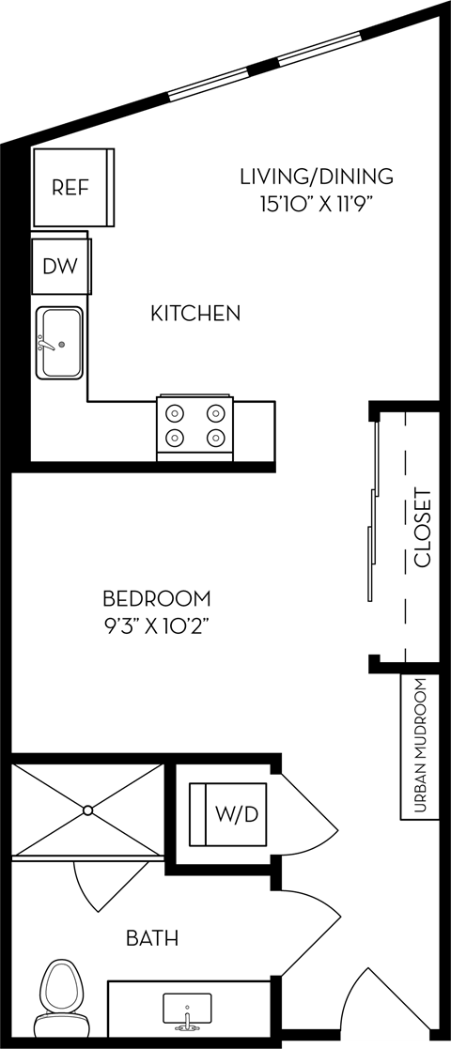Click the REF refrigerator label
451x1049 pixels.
(x=70, y=187)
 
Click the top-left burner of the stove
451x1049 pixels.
(x=175, y=410)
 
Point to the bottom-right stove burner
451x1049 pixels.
(x=216, y=437)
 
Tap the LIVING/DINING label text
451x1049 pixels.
(x=316, y=176)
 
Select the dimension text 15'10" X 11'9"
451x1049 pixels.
(x=316, y=203)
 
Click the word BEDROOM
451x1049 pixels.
(x=157, y=597)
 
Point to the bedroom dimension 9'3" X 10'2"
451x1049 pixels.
(x=157, y=625)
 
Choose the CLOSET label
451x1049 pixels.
(x=422, y=528)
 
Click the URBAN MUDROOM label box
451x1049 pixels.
(x=419, y=747)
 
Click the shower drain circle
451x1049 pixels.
(x=87, y=809)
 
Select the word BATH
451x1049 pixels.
(x=152, y=937)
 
